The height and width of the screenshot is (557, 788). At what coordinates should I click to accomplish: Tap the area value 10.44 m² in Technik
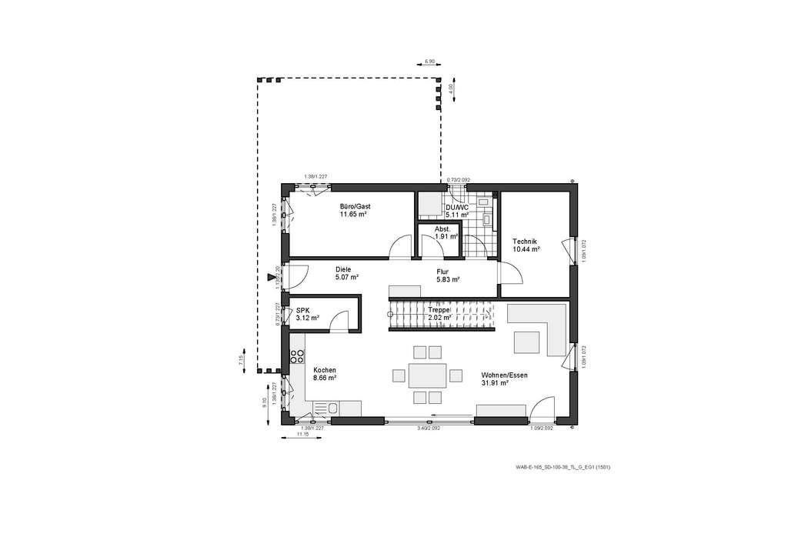[526, 249]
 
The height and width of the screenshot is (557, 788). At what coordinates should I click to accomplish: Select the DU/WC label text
[456, 208]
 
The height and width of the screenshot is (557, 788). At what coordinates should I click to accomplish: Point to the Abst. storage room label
[442, 228]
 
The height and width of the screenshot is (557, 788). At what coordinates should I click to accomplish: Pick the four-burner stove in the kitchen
[295, 356]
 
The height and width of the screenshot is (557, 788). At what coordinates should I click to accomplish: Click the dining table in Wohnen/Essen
[428, 375]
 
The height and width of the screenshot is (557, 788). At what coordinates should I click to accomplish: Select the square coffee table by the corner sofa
[526, 341]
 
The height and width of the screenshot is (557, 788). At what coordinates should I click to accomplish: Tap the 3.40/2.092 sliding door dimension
[428, 428]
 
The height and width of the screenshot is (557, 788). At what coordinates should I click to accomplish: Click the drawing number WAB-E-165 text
[563, 467]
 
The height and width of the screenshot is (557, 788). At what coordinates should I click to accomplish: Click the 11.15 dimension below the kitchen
[302, 435]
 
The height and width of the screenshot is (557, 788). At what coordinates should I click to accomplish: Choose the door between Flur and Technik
[510, 272]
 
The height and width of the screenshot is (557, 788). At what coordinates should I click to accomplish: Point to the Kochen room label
[324, 370]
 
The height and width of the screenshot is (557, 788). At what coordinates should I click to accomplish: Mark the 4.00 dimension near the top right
[450, 88]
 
